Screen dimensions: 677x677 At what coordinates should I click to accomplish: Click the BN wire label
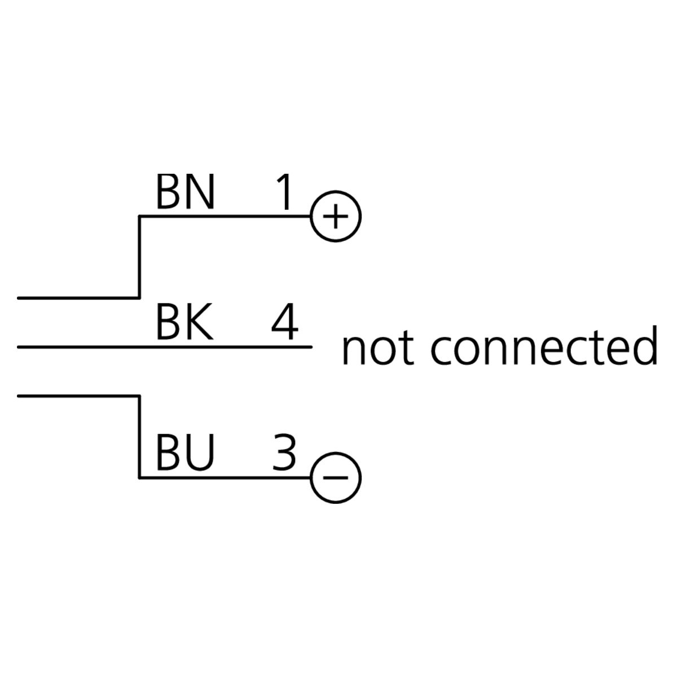click(185, 192)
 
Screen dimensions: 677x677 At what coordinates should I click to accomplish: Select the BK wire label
click(184, 324)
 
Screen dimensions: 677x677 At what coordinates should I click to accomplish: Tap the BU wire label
click(185, 454)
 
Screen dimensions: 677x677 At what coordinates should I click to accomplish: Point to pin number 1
click(285, 192)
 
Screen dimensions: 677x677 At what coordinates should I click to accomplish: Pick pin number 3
click(284, 454)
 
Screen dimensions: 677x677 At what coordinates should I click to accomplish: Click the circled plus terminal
click(336, 216)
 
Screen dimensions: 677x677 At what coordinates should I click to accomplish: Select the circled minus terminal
click(336, 478)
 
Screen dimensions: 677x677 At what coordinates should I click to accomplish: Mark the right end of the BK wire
click(311, 347)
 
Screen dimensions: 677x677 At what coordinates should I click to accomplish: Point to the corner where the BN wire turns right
click(139, 216)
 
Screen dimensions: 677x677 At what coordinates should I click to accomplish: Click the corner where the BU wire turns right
click(139, 478)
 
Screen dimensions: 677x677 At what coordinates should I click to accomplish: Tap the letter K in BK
click(200, 324)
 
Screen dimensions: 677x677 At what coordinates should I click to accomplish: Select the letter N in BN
click(200, 192)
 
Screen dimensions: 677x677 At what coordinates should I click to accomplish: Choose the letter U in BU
click(200, 454)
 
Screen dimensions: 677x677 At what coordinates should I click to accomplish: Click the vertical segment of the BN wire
click(139, 257)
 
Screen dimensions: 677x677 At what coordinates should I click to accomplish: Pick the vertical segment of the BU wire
click(139, 437)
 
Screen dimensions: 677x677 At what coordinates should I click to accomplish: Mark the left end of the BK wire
click(19, 347)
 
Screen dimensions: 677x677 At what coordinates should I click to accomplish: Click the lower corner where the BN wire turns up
click(139, 297)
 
